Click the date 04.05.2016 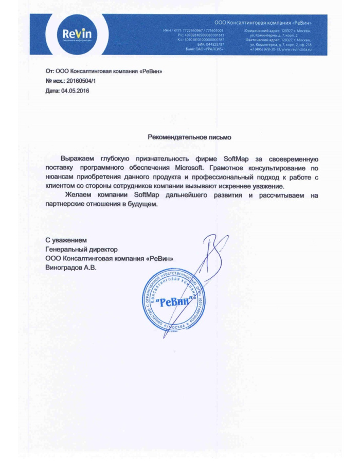(x=76, y=91)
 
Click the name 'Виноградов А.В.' (x=70, y=268)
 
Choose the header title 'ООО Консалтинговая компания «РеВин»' (x=266, y=24)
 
